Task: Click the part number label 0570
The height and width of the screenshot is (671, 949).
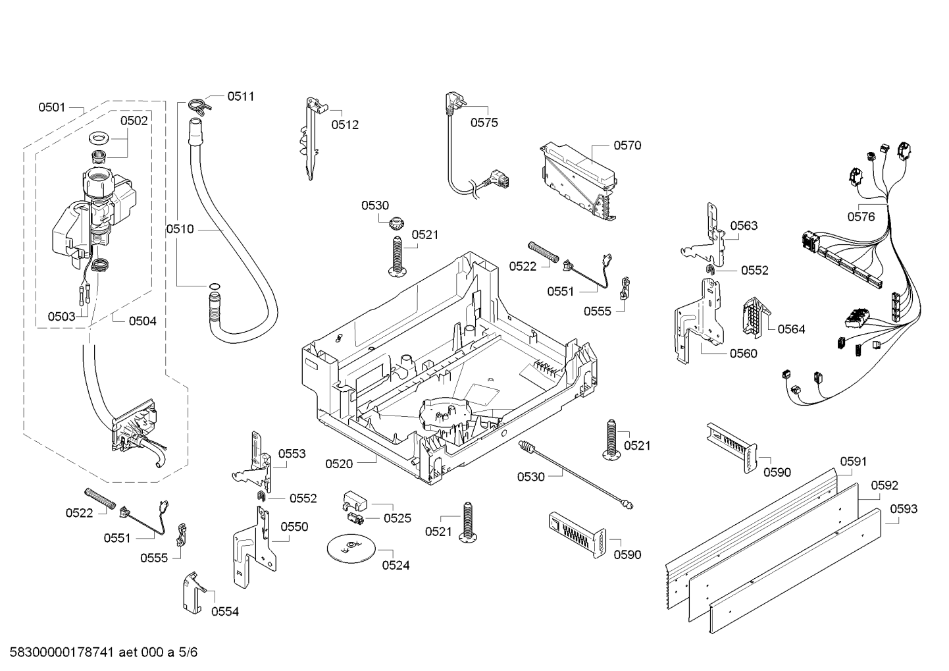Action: pos(627,146)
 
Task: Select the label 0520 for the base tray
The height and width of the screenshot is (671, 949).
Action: pos(339,464)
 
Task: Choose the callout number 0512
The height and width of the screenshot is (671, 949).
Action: pos(345,124)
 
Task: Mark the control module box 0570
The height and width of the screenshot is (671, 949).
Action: pos(578,181)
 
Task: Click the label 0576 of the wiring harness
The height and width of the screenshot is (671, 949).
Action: pos(861,216)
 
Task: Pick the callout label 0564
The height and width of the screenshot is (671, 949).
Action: pos(791,329)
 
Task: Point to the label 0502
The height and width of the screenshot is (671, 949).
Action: pos(134,121)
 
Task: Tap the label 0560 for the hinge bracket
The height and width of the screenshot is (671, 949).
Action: pos(743,354)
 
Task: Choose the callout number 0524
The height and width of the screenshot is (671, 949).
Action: pos(396,565)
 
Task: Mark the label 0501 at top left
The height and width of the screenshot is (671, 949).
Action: pos(51,107)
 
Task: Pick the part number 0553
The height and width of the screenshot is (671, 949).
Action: pos(292,454)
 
